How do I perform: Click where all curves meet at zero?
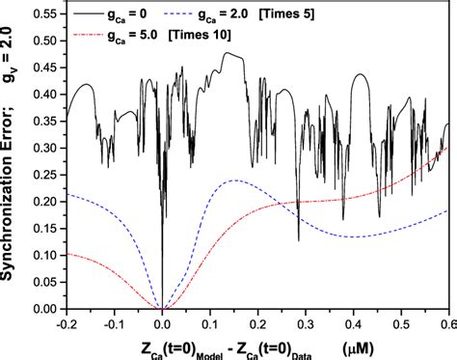point(162,308)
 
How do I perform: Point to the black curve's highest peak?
point(228,53)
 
